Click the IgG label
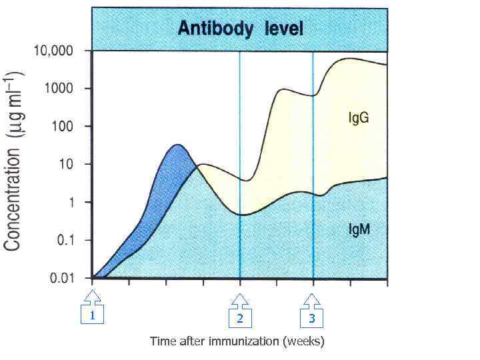359,118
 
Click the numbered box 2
240,319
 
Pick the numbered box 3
311,319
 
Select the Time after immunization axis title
237,341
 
